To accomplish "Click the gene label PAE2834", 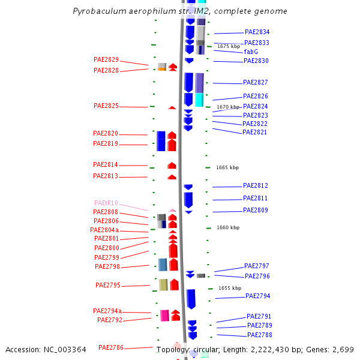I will coord(257,32).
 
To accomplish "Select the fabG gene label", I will coord(251,52).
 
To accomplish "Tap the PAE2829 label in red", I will coord(106,60).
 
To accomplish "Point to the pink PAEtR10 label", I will coord(106,203).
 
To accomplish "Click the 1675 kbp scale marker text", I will coord(229,46).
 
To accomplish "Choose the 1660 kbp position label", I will coord(228,227).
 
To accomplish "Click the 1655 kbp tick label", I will coord(229,288).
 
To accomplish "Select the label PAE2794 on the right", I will coord(258,296).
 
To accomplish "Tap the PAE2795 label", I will coord(108,286).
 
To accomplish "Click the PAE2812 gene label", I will coord(256,186).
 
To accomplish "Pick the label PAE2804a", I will coord(104,230).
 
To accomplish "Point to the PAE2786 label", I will coord(111,347).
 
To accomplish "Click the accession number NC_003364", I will coord(63,349).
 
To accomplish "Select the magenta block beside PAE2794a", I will coord(164,315).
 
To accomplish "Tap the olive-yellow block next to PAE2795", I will coord(163,284).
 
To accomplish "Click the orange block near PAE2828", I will coord(162,69).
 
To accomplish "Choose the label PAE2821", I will coord(255,132).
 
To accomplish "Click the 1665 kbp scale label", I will coord(227,167).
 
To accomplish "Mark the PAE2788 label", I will coord(260,335).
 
